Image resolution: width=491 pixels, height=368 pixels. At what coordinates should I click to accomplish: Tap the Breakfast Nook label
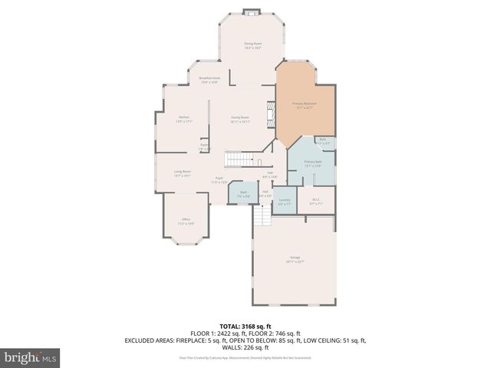[209, 79]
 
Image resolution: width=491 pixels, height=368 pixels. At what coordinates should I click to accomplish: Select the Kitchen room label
[183, 118]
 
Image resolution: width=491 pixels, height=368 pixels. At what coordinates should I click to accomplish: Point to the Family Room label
[241, 119]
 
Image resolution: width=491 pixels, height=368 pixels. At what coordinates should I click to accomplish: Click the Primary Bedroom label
[304, 105]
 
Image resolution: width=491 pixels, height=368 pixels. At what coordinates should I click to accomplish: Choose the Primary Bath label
[313, 163]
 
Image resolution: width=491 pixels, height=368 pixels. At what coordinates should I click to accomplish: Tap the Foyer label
[219, 180]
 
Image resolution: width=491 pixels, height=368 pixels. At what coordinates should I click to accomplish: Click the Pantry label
[204, 146]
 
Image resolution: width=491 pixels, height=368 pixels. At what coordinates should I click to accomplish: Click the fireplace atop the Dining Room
[251, 11]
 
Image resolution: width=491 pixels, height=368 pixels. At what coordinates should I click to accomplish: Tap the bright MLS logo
[31, 357]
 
